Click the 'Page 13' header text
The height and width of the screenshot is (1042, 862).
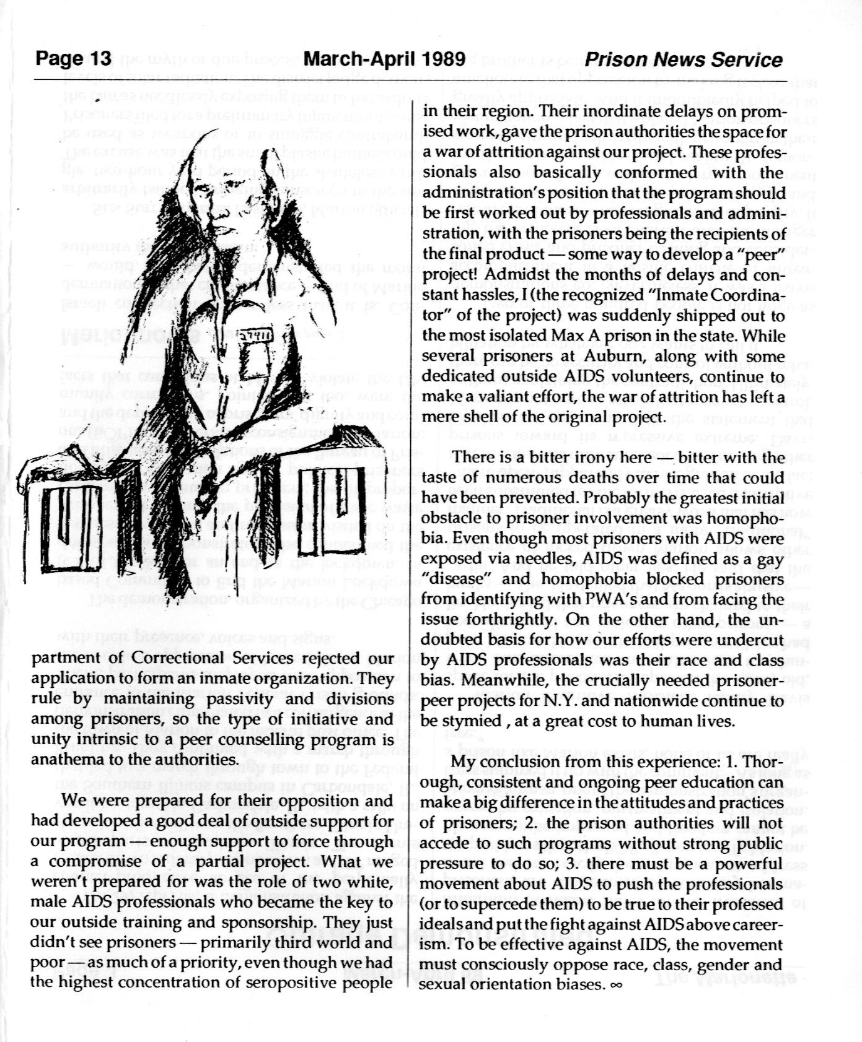[73, 59]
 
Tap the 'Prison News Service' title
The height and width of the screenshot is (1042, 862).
[684, 60]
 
